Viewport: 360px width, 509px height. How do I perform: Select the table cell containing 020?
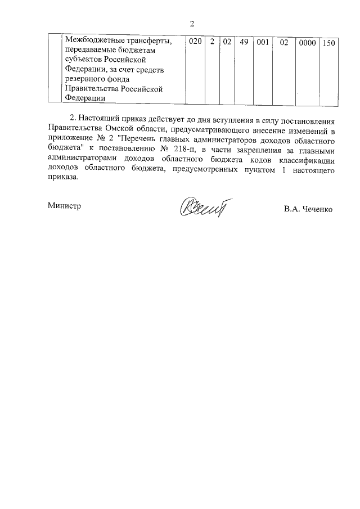pyautogui.click(x=194, y=42)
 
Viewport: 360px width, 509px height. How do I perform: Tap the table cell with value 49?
pyautogui.click(x=244, y=42)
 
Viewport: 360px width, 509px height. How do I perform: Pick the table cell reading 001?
pyautogui.click(x=262, y=42)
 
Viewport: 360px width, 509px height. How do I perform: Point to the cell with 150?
pyautogui.click(x=329, y=42)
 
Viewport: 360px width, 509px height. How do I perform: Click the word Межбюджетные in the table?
pyautogui.click(x=92, y=40)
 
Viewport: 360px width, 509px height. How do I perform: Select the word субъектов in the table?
pyautogui.click(x=84, y=60)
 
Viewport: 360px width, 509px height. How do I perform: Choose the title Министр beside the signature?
pyautogui.click(x=64, y=206)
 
